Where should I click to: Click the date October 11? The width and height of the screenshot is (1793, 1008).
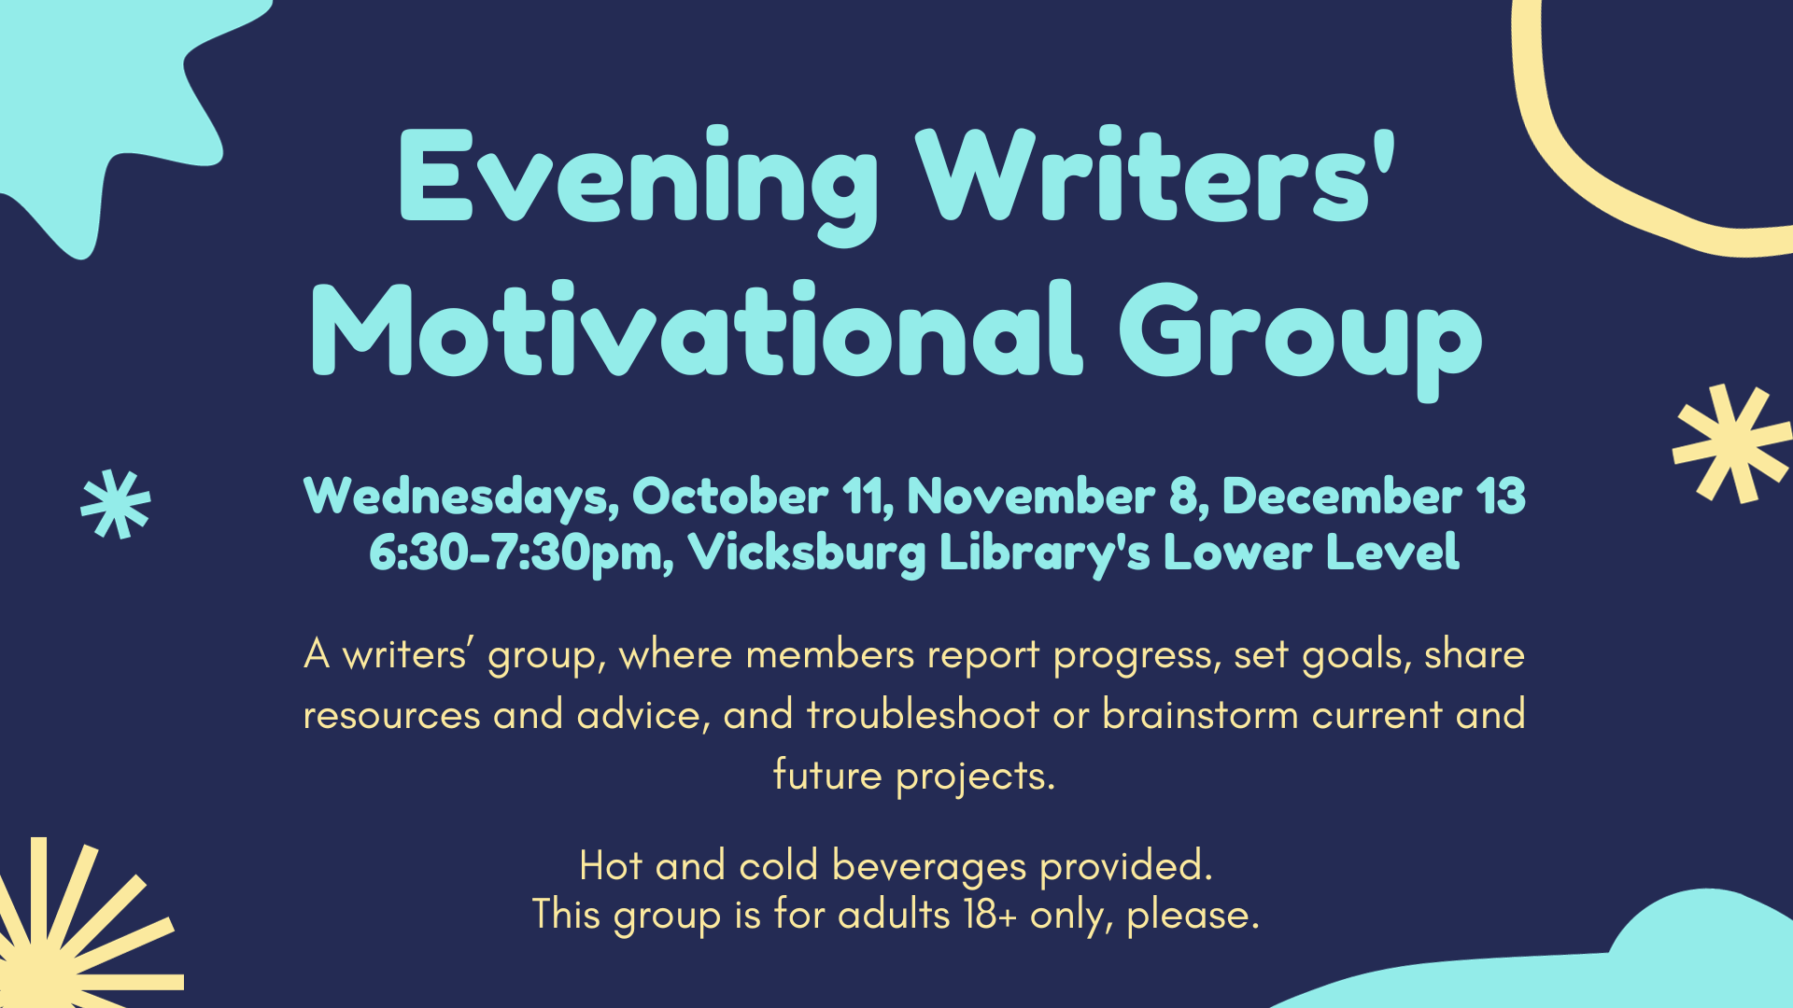pyautogui.click(x=763, y=496)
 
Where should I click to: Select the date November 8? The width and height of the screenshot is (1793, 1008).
pyautogui.click(x=1057, y=496)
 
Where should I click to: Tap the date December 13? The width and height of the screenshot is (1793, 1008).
pyautogui.click(x=1374, y=496)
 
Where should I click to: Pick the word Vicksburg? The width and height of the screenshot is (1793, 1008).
pyautogui.click(x=807, y=553)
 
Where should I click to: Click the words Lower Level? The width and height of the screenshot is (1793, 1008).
pyautogui.click(x=1310, y=552)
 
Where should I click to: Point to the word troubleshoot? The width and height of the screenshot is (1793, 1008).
pyautogui.click(x=923, y=715)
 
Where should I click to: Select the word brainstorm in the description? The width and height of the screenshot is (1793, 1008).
pyautogui.click(x=1200, y=715)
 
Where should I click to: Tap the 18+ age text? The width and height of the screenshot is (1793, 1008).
pyautogui.click(x=990, y=915)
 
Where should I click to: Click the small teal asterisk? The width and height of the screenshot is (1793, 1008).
pyautogui.click(x=116, y=504)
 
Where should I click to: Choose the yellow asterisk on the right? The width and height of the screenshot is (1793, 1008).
pyautogui.click(x=1732, y=444)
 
